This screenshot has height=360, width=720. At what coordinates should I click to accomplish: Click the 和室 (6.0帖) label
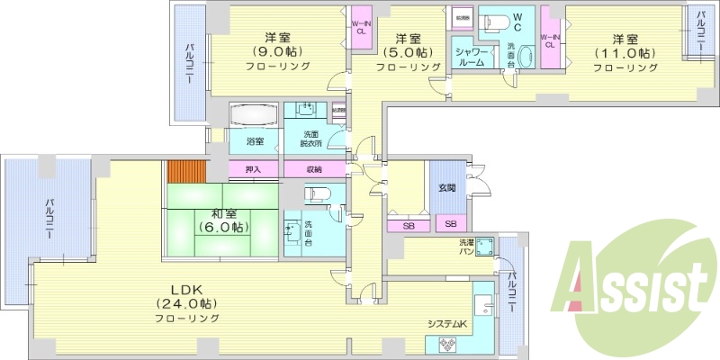(x=223, y=220)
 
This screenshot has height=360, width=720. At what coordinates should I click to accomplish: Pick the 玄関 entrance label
(x=447, y=187)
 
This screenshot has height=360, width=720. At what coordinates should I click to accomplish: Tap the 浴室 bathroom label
(x=255, y=141)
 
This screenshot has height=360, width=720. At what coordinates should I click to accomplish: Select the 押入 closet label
(x=253, y=169)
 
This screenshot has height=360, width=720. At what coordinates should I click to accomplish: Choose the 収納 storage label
(x=313, y=169)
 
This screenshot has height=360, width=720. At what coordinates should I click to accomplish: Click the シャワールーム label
(x=471, y=58)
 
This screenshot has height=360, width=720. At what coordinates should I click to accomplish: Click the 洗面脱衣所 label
(x=312, y=139)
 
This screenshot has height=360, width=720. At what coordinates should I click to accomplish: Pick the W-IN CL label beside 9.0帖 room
(x=360, y=27)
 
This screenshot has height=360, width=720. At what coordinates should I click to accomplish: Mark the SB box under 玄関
(x=450, y=223)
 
